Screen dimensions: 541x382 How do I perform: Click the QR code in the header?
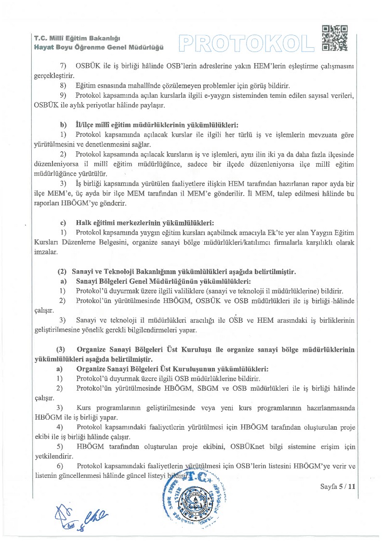pos(334,38)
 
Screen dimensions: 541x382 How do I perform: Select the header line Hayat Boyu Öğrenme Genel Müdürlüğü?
pos(99,47)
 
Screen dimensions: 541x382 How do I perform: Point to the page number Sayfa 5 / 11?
pos(338,487)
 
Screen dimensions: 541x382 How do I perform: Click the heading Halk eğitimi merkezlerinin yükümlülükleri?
pos(145,223)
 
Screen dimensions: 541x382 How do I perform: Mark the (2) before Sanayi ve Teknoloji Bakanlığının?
pos(62,272)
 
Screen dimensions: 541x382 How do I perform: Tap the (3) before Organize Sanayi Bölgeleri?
pos(61,349)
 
